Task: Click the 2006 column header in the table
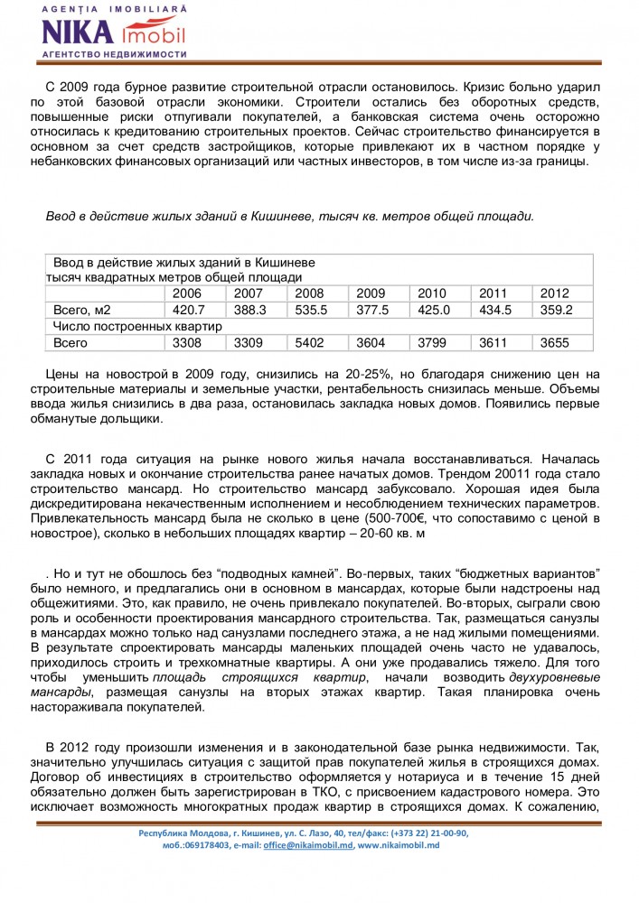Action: coord(187,293)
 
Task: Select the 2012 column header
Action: coord(555,293)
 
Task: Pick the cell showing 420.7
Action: coord(187,310)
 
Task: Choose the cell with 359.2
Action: coord(556,310)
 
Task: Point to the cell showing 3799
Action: coord(433,343)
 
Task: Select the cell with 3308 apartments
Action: coord(187,343)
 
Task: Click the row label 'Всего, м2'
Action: coord(82,310)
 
